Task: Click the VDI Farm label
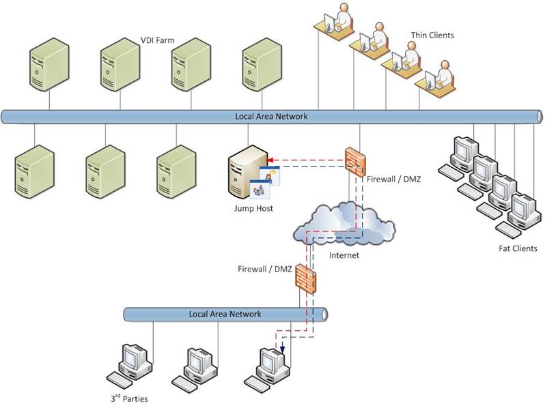tap(158, 41)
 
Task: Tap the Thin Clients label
tap(432, 35)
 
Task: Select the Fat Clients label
tap(518, 248)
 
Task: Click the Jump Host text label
tap(253, 208)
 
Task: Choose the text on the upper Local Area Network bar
tap(271, 117)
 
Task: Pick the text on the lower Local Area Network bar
tap(225, 314)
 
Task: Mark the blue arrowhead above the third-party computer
tap(282, 353)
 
